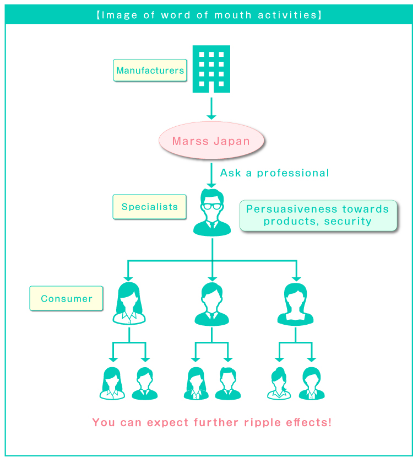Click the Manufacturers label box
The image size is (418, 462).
pos(150,71)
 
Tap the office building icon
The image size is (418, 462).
pos(211,69)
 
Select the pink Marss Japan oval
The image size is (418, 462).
pos(211,141)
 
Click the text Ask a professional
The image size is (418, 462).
pos(274,173)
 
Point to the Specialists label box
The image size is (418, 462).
pos(149,207)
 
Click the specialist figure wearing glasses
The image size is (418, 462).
pos(212,213)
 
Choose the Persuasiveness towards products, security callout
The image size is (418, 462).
pos(318,216)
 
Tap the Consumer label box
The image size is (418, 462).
pos(67,298)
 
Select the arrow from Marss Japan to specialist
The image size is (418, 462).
pos(211,174)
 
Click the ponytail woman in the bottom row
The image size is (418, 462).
pos(279,383)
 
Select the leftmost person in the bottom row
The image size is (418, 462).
pos(112,383)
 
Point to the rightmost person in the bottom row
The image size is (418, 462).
pos(312,383)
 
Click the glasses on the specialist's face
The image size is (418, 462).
pos(212,206)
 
